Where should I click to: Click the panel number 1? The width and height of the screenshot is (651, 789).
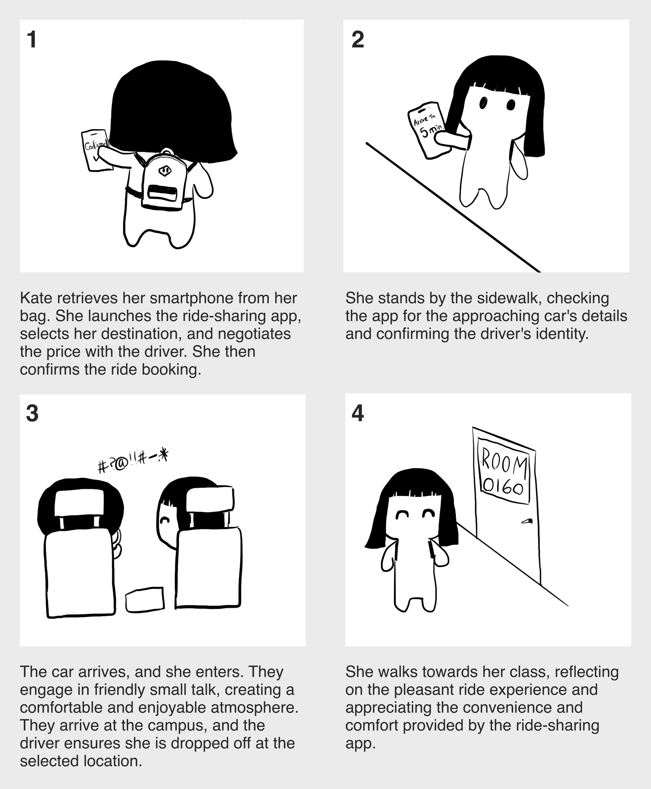[x=32, y=39]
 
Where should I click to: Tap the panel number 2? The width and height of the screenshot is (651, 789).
[x=358, y=39]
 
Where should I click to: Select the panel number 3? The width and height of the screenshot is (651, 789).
[x=32, y=414]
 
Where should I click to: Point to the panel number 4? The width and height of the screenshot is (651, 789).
[x=358, y=414]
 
